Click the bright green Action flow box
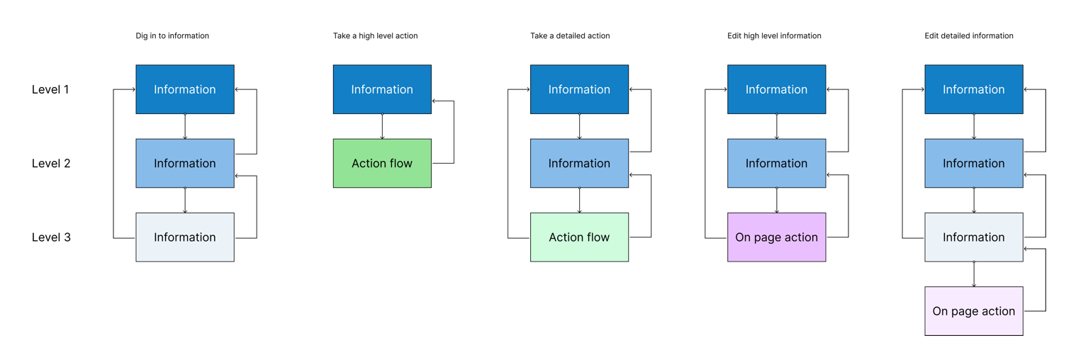click(x=382, y=163)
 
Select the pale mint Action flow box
click(x=579, y=237)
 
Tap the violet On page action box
click(x=776, y=237)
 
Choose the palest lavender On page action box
click(x=973, y=310)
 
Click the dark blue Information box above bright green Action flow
click(x=382, y=89)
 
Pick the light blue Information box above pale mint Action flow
click(x=579, y=163)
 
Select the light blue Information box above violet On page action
click(x=776, y=163)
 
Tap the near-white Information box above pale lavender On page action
click(x=973, y=237)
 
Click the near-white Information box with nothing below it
click(x=185, y=237)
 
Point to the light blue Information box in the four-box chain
click(x=973, y=163)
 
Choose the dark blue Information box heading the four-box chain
click(x=973, y=89)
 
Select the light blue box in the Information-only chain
click(x=185, y=163)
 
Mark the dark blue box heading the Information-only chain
click(x=185, y=89)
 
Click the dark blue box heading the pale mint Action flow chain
click(x=579, y=89)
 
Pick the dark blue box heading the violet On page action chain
click(x=776, y=89)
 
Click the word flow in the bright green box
click(x=400, y=163)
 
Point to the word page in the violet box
click(x=767, y=237)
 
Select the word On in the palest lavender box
click(x=941, y=311)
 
